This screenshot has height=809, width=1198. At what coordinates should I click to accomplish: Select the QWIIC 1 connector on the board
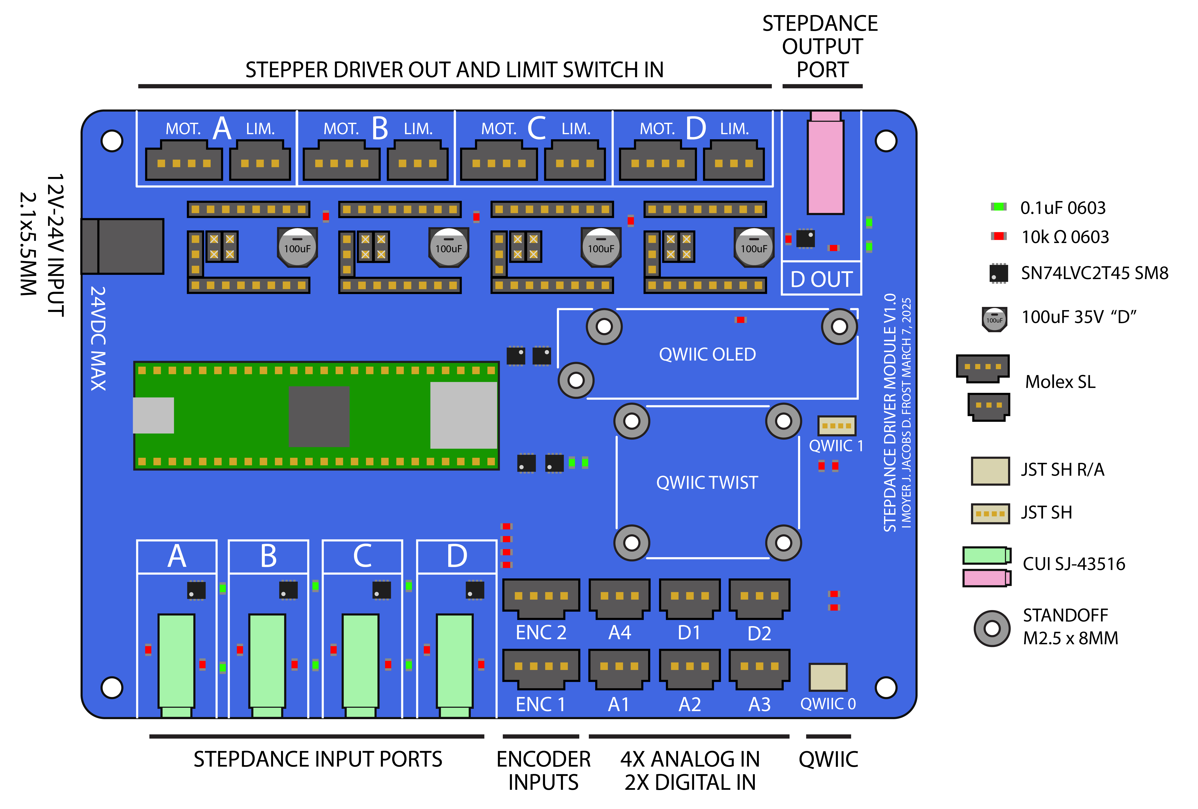pos(836,426)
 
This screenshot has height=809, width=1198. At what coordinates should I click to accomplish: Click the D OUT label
pos(821,280)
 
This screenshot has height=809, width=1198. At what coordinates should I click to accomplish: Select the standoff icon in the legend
pos(992,628)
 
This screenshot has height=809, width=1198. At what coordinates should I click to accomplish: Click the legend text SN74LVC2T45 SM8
pos(1094,273)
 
